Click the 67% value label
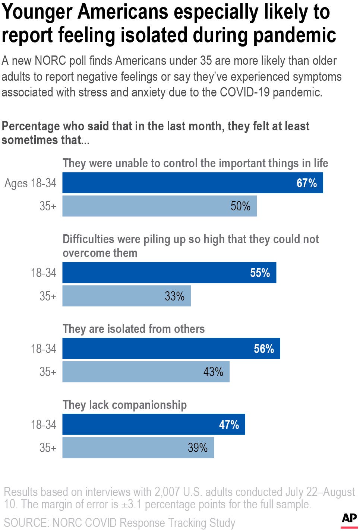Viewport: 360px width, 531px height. point(306,183)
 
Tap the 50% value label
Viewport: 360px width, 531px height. point(240,206)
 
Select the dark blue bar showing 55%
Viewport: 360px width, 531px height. point(169,273)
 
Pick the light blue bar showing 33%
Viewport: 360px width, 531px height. point(126,296)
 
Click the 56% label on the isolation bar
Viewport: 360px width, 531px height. point(264,349)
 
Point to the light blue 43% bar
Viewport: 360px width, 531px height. point(146,372)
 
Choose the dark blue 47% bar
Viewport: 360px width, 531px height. point(154,425)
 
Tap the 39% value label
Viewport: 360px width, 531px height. point(198,447)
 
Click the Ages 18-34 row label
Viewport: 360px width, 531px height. point(31,183)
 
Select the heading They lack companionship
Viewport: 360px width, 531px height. point(124,405)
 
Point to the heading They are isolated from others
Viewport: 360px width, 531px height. point(133,329)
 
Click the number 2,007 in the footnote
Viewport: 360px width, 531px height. point(167,492)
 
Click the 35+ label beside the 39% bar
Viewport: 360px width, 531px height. point(48,447)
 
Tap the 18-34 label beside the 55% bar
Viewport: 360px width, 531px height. point(44,273)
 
